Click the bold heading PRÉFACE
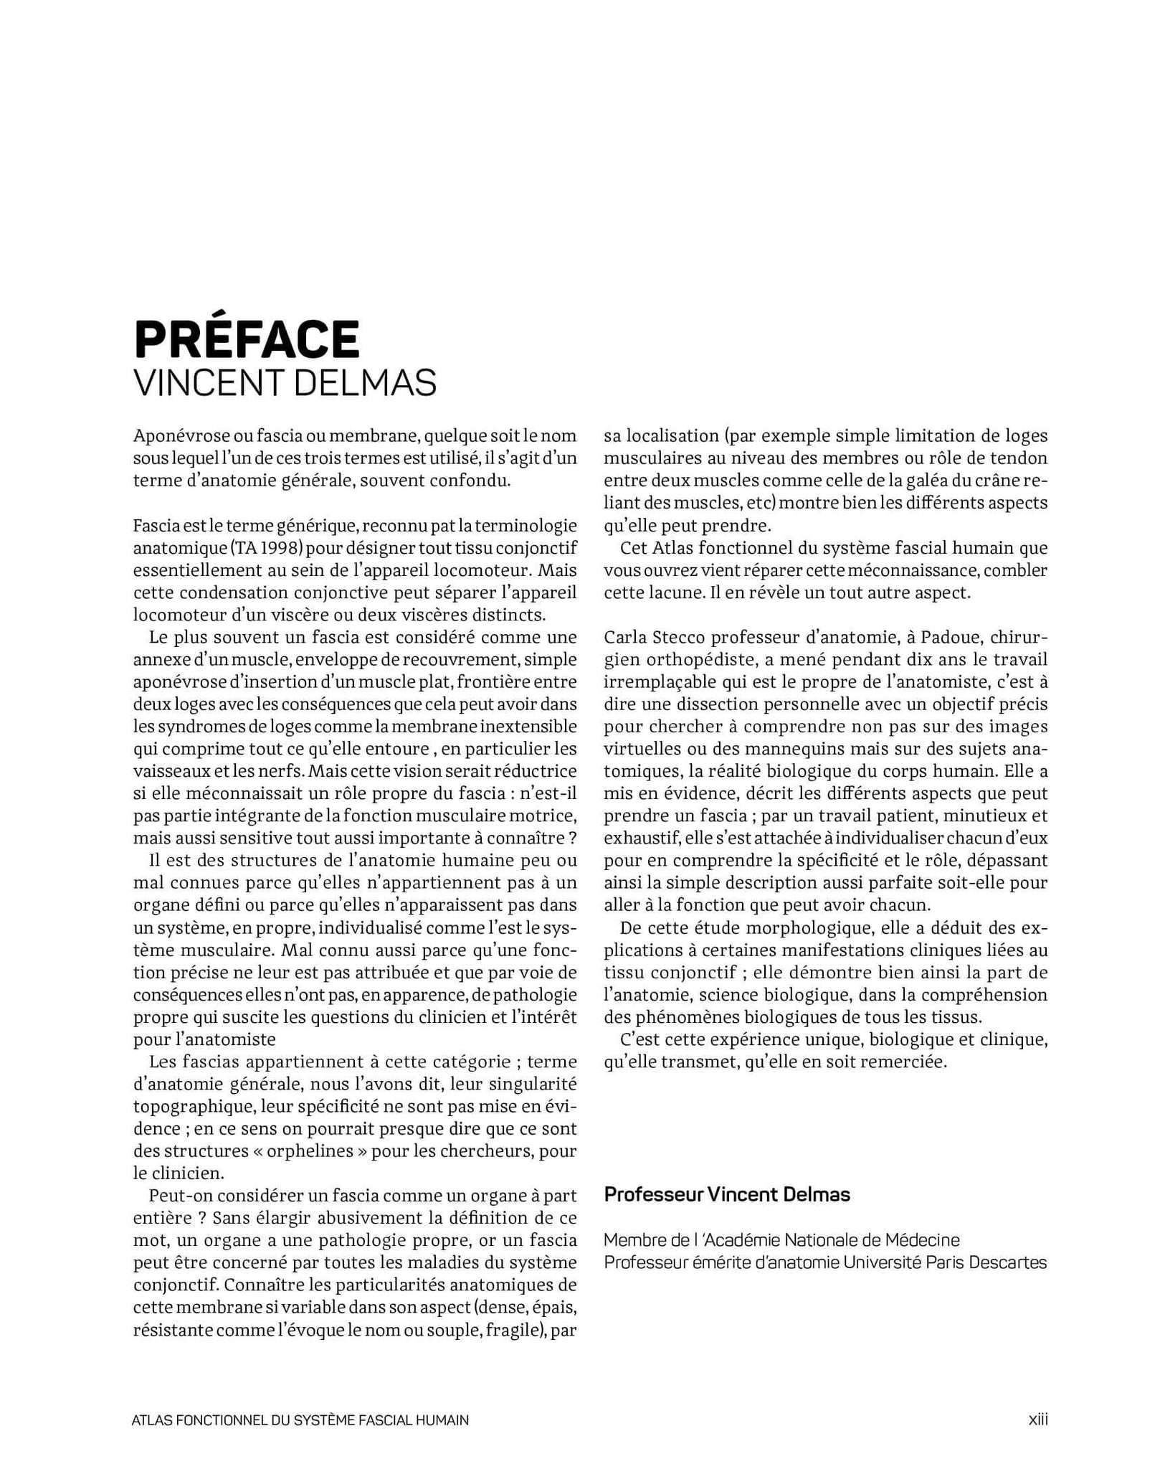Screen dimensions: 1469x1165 coord(246,339)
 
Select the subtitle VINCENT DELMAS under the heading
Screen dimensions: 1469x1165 coord(285,383)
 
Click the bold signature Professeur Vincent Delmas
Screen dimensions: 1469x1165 coord(726,1194)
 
